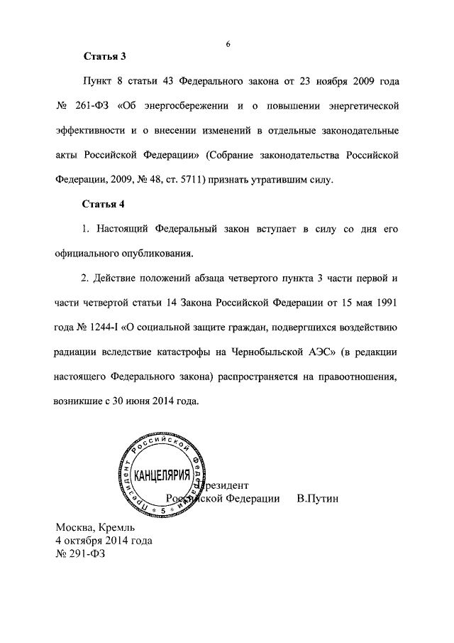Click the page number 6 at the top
[228, 44]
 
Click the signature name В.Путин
[318, 499]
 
